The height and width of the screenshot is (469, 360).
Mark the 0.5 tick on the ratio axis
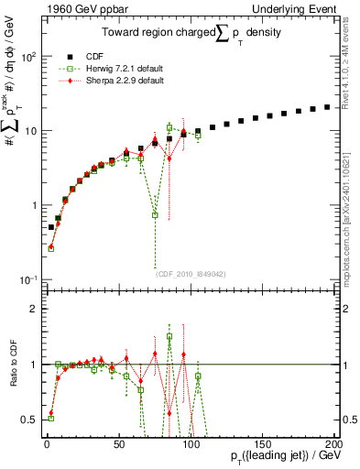coord(34,420)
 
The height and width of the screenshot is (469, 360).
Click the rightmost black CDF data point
coord(327,107)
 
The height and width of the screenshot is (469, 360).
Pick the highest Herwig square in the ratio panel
coord(169,336)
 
